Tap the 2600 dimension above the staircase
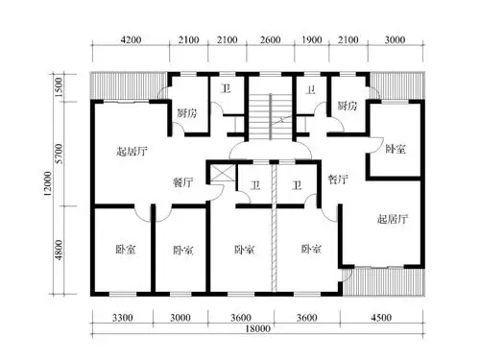(x=270, y=39)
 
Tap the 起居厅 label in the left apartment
(x=130, y=151)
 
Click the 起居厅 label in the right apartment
(x=392, y=219)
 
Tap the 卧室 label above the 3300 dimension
(x=124, y=250)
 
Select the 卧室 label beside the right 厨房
(x=395, y=149)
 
